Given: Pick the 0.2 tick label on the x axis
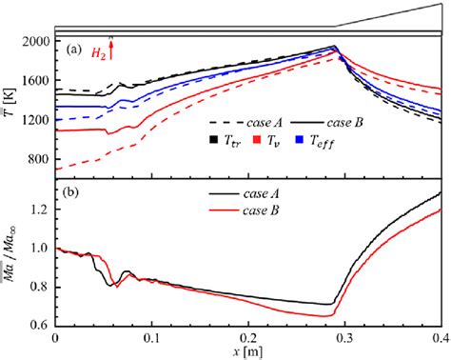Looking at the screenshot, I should click(x=247, y=337).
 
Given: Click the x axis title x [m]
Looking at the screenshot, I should click(x=250, y=351).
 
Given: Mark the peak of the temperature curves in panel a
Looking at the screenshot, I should click(x=334, y=47).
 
